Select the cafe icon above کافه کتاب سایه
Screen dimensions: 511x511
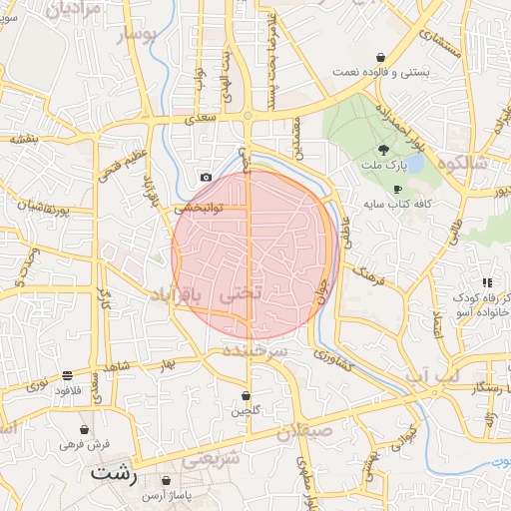pos(396,189)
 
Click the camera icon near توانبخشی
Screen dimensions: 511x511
pos(206,177)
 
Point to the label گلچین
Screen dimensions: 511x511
pos(246,410)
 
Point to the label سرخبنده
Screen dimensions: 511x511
pos(255,353)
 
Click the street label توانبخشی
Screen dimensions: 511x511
pos(199,210)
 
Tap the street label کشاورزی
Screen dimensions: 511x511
pos(332,361)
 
